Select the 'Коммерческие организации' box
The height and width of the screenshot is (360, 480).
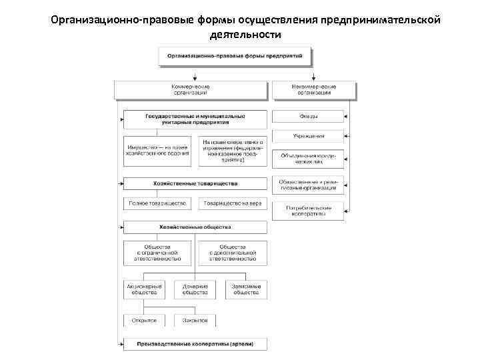pos(191,89)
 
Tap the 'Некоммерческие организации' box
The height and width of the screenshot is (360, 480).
pos(314,89)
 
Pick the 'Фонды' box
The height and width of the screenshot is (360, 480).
pos(308,117)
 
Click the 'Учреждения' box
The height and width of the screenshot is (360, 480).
pos(308,137)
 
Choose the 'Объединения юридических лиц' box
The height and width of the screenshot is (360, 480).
pos(308,159)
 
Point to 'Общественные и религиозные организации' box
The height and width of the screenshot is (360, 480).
pos(308,185)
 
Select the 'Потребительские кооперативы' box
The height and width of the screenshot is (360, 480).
pos(308,211)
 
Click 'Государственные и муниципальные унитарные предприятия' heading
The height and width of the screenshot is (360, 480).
pos(195,119)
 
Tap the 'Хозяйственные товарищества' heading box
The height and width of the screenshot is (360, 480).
pos(195,183)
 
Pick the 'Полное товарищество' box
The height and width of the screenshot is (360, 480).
pos(157,203)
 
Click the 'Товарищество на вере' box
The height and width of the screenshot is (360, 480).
pos(233,203)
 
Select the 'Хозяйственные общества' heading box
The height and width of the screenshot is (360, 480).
pos(195,227)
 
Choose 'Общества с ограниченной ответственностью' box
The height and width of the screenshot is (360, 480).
pos(157,253)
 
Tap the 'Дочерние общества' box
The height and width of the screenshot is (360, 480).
pos(195,289)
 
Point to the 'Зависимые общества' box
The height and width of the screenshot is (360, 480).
pos(246,289)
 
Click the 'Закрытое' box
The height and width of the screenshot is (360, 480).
pos(195,321)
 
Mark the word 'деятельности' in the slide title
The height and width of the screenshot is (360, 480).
pos(245,34)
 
